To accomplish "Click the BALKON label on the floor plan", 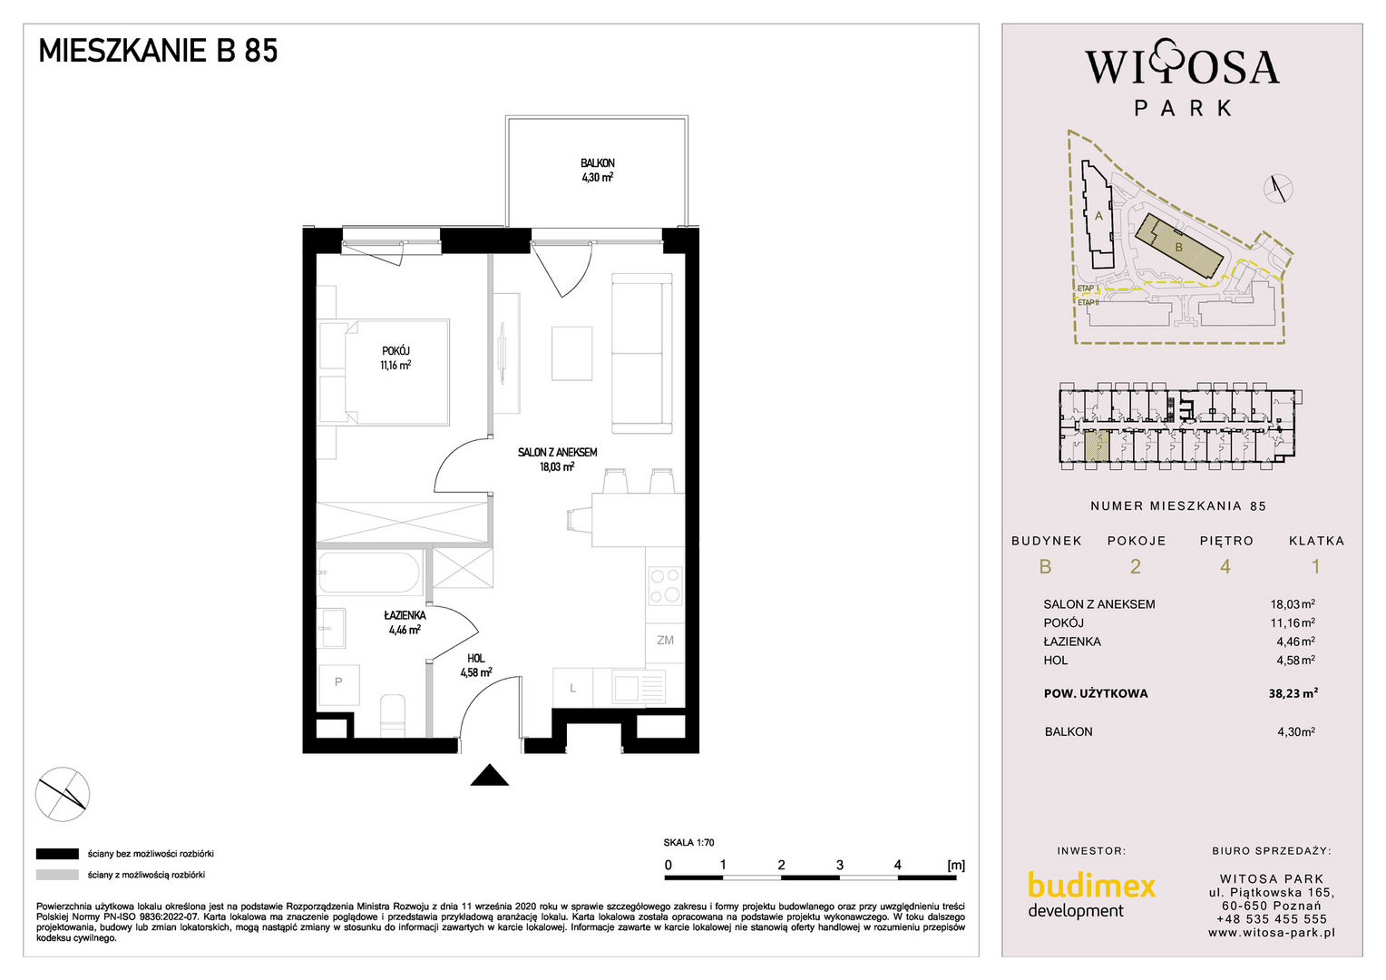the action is [597, 163].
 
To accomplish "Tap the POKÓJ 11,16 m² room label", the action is [395, 358].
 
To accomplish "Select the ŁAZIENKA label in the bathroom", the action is [405, 615].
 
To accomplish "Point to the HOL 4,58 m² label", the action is [476, 665].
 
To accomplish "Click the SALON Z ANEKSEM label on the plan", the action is [558, 453].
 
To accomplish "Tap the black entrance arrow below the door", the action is [490, 774].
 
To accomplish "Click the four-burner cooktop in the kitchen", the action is [666, 585].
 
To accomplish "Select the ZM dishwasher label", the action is [665, 640].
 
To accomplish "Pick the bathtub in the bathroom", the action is [369, 573].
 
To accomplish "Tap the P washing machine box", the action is [338, 685].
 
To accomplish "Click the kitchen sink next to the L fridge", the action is [639, 687].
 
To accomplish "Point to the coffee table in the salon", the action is [571, 353].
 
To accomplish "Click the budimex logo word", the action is [1091, 886].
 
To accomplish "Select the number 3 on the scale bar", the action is [840, 865].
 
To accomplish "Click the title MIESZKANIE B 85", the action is [159, 51].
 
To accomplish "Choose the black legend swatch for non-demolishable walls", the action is [57, 854].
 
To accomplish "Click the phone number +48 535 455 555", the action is [1272, 919].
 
